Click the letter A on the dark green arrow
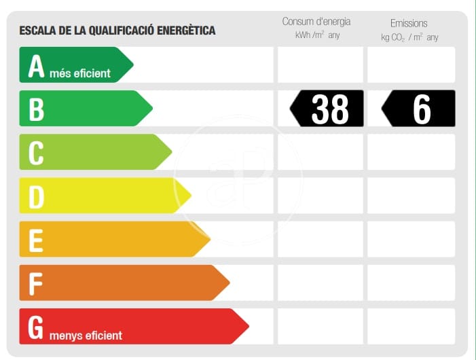coord(36,67)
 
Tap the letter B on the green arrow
coord(36,109)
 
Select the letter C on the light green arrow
coord(36,153)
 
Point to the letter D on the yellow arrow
coord(36,196)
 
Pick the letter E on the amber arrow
coord(36,240)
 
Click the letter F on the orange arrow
coord(36,283)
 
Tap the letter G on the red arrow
coord(36,327)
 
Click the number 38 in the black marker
coord(329,109)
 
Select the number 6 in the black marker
coord(422,109)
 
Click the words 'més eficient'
coord(79,73)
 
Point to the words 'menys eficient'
coord(86,335)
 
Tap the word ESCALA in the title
coord(37,31)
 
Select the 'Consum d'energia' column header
coord(316,22)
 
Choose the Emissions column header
coord(409,23)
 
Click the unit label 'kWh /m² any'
coord(317,35)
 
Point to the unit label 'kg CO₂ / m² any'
coord(409,37)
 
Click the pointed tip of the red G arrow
coord(248,326)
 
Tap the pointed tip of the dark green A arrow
coord(132,65)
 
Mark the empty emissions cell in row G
coord(411,326)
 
